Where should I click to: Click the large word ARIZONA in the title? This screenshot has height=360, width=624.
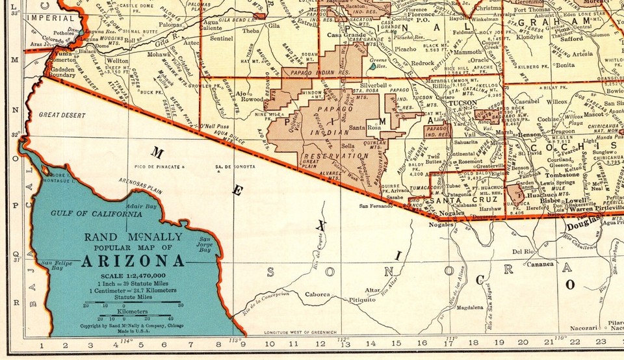tap(132, 262)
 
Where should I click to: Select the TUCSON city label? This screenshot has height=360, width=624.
tap(462, 103)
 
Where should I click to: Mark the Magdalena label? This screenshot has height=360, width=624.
tap(470, 309)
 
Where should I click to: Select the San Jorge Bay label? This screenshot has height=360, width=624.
tap(206, 245)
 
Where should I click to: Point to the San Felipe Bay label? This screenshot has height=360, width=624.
tap(53, 264)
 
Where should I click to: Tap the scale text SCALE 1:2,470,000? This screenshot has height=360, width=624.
tap(131, 276)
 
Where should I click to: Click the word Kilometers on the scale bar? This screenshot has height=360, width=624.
tap(132, 312)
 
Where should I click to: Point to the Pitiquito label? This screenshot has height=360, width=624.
tap(362, 300)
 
